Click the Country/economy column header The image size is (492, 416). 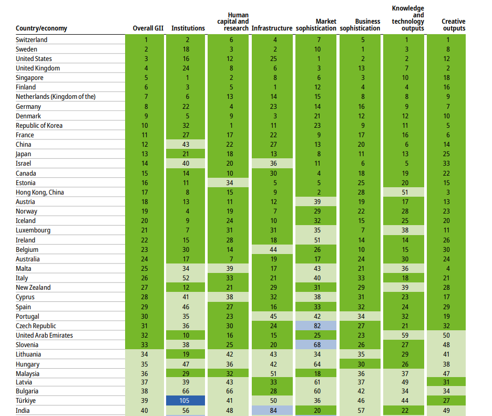click(x=42, y=28)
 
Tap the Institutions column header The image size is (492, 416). click(x=188, y=28)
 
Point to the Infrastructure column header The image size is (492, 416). click(x=272, y=28)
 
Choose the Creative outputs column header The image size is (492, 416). click(x=453, y=25)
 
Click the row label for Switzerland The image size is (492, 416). click(x=32, y=40)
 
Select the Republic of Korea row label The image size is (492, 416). click(x=39, y=126)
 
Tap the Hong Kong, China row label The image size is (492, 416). click(x=40, y=192)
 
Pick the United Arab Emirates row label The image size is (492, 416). click(x=44, y=336)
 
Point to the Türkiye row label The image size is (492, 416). click(x=26, y=401)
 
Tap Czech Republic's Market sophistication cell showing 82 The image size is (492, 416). click(x=316, y=326)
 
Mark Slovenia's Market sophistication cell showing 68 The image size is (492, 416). click(x=316, y=345)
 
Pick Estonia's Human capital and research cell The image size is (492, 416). click(x=229, y=183)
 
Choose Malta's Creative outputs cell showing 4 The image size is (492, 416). click(x=448, y=269)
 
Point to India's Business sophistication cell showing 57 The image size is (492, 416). click(x=360, y=410)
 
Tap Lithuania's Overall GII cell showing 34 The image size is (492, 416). click(x=146, y=354)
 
